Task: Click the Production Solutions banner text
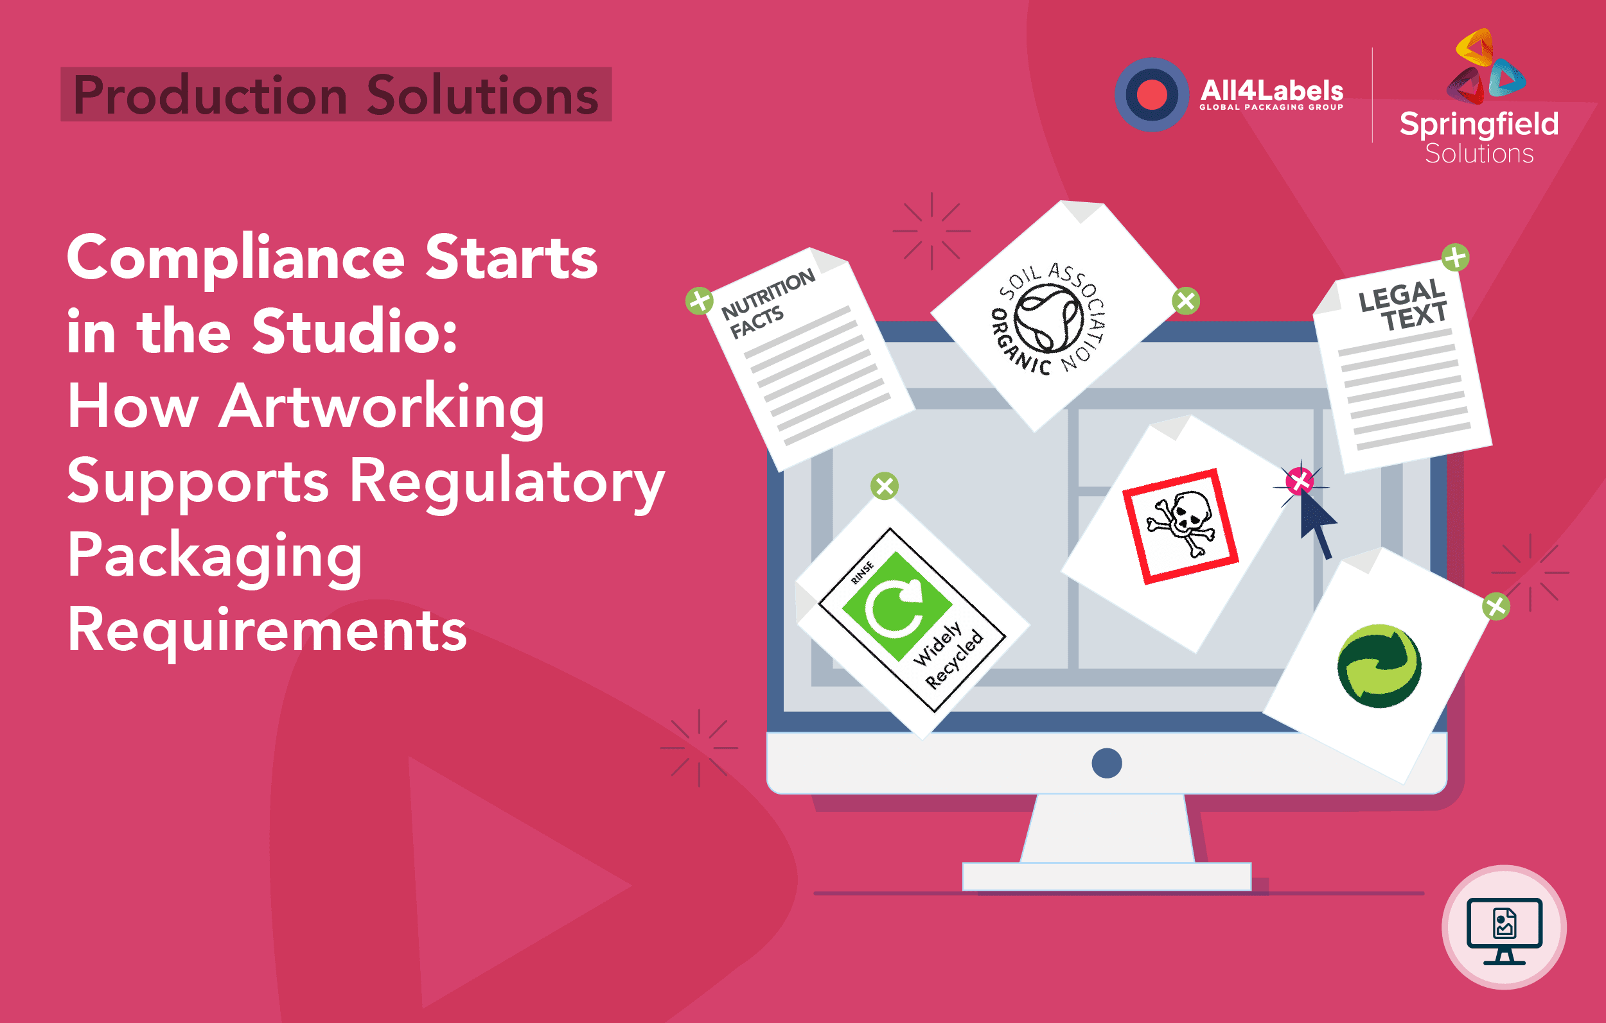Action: coord(335,94)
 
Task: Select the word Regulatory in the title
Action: coord(507,481)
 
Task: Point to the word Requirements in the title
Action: coord(267,630)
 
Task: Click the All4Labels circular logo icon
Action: coord(1151,94)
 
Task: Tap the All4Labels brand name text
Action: coord(1271,90)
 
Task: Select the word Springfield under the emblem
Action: coord(1479,124)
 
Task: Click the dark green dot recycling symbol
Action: coord(1379,666)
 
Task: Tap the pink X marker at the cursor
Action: coord(1299,481)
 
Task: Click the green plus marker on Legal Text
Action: coord(1454,258)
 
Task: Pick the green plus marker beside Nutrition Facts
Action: coord(700,300)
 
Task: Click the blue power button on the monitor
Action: coord(1106,763)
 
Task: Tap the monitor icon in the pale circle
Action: coord(1504,929)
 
